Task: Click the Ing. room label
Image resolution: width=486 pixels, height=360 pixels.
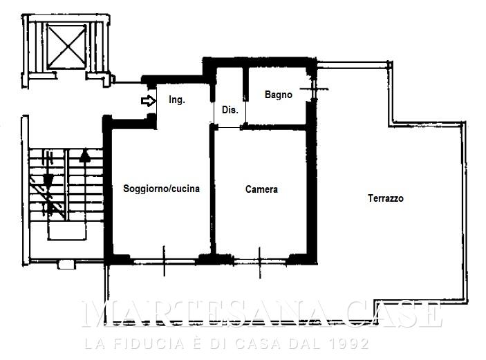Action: pyautogui.click(x=177, y=100)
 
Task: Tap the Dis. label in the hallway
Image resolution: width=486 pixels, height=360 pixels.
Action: pyautogui.click(x=230, y=110)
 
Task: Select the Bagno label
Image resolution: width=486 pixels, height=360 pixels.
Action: pyautogui.click(x=279, y=95)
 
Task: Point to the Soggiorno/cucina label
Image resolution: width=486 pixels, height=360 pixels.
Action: pyautogui.click(x=161, y=189)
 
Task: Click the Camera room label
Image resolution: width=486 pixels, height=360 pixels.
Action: pyautogui.click(x=261, y=189)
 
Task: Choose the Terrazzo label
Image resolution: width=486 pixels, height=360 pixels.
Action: pyautogui.click(x=386, y=198)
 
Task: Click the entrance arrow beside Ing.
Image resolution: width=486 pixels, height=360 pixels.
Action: pyautogui.click(x=148, y=101)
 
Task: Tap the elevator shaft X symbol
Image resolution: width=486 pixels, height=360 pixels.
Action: pyautogui.click(x=66, y=46)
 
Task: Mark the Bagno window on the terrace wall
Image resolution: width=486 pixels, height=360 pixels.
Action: pyautogui.click(x=314, y=90)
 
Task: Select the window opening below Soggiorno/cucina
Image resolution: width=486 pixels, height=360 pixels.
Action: pyautogui.click(x=165, y=261)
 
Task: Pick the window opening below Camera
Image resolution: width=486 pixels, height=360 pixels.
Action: pyautogui.click(x=260, y=262)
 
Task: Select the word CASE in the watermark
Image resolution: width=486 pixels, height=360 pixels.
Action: pyautogui.click(x=394, y=314)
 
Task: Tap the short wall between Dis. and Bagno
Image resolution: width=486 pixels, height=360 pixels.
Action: pyautogui.click(x=245, y=84)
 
